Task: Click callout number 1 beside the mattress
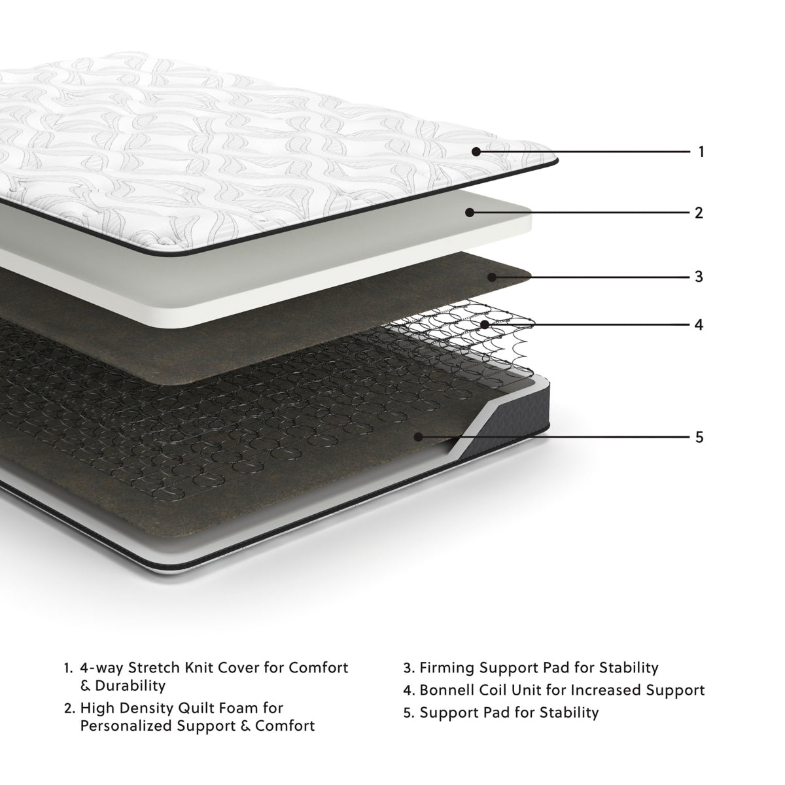pos(701,152)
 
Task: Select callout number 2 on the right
pos(699,213)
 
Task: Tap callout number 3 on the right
pos(699,277)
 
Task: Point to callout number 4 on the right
pos(699,324)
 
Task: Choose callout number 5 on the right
pos(699,436)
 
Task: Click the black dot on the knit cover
pos(476,152)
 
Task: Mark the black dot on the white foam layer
pos(470,213)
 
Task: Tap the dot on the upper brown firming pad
pos(492,277)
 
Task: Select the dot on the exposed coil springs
pos(484,324)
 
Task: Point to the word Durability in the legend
pos(130,686)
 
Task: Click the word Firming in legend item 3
pos(447,668)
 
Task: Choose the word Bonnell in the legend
pos(449,690)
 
